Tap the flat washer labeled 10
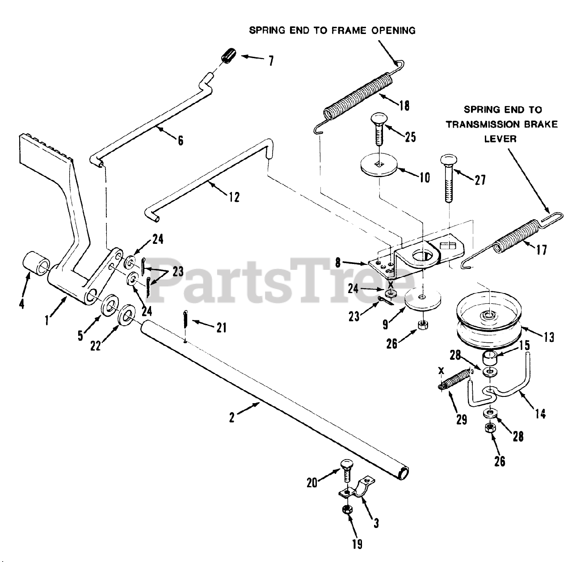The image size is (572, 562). coord(379,168)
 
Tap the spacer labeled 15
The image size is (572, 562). coord(489,358)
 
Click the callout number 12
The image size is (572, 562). coord(234,196)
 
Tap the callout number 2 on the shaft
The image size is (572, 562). coord(232,417)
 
